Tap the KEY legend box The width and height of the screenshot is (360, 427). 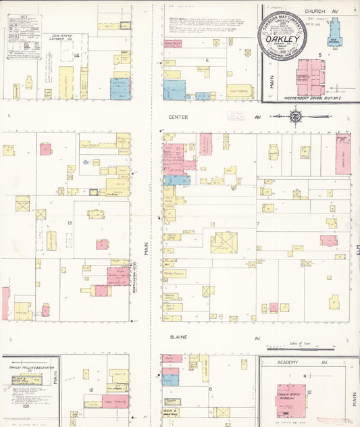coord(24,36)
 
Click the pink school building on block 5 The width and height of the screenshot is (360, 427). coord(310,77)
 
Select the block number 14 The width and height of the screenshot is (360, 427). coord(78,55)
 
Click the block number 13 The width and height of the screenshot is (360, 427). coord(69,222)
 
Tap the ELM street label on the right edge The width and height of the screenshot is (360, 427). coord(357,250)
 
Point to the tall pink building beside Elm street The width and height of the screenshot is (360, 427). coord(343,155)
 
